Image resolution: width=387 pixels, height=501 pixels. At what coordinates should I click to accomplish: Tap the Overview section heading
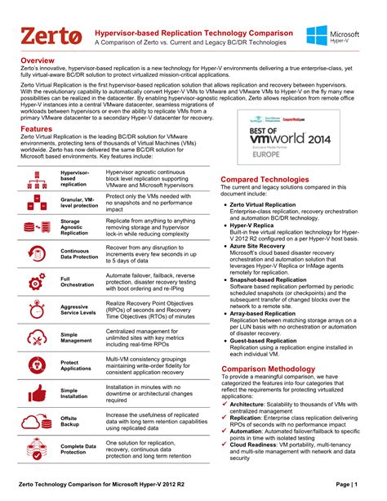coord(38,61)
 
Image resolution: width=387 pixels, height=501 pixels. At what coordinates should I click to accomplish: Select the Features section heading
coord(37,128)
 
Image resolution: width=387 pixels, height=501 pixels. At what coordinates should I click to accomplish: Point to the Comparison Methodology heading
coord(269,369)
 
